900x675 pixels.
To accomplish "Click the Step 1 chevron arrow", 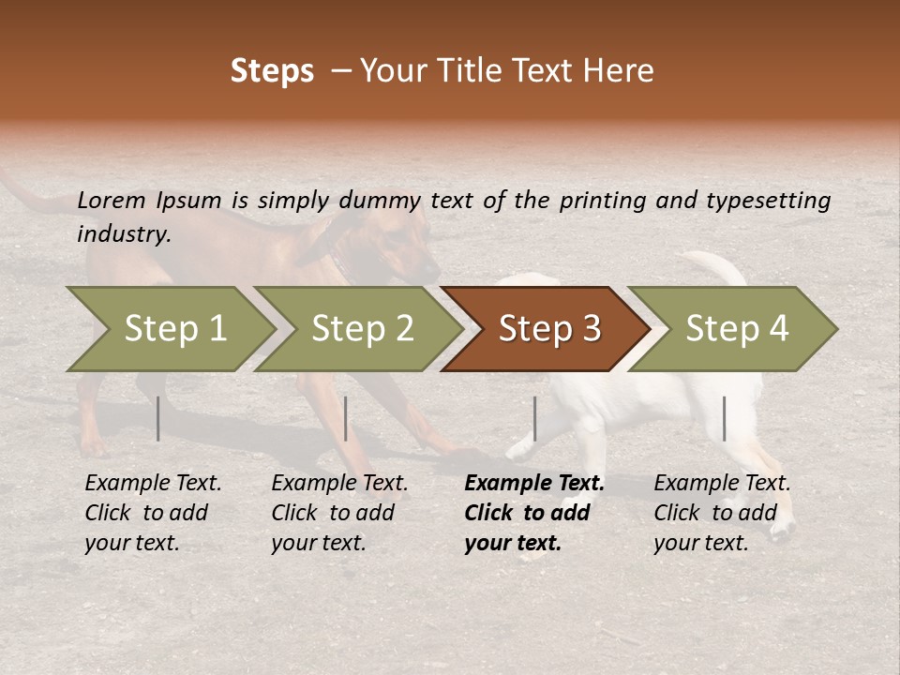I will (173, 329).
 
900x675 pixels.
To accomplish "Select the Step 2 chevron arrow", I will (361, 329).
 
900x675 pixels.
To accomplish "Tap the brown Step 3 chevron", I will (548, 329).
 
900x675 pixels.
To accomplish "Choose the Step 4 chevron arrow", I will (736, 329).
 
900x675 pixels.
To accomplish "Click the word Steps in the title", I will (272, 71).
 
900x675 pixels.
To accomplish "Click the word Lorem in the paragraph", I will (112, 201).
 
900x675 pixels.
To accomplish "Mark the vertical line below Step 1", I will (158, 418).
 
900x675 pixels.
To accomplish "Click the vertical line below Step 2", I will (346, 418).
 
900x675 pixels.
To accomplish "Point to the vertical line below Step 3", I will (534, 418).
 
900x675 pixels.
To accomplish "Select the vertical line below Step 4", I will (724, 418).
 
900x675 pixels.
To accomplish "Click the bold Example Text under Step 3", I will (534, 484).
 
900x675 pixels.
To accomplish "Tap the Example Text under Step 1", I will (153, 484).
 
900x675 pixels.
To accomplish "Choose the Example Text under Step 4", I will (722, 484).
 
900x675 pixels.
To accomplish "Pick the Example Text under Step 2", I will (339, 484).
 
